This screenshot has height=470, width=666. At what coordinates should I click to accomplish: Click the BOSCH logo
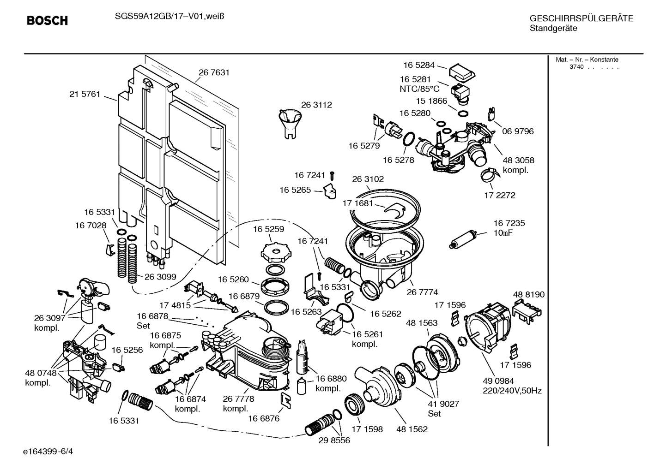(47, 21)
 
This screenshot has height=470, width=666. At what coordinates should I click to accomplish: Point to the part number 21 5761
(85, 94)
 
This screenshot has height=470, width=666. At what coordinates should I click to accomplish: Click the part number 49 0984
(498, 381)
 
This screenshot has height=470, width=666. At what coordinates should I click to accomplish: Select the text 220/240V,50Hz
(512, 391)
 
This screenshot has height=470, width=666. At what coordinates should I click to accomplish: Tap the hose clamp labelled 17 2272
(488, 175)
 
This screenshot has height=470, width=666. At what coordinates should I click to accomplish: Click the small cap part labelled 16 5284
(461, 72)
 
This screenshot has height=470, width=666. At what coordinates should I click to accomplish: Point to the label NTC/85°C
(419, 89)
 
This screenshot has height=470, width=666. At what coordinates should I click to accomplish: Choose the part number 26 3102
(368, 179)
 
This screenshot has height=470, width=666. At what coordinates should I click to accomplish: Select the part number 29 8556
(334, 440)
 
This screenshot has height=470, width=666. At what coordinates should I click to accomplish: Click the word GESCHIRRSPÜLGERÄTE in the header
(581, 18)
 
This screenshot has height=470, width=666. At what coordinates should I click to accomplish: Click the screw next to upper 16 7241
(332, 175)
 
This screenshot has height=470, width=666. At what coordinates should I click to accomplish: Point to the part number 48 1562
(412, 429)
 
